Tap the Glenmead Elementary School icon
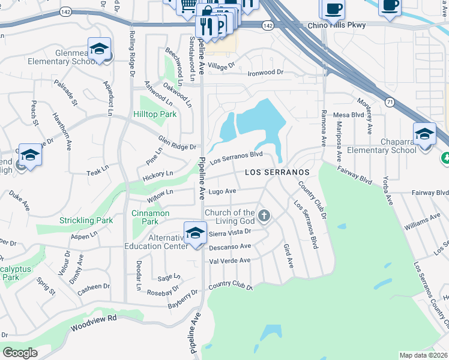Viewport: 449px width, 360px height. coord(99,49)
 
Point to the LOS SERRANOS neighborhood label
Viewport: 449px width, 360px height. coord(277,173)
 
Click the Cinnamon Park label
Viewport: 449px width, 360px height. coord(150,217)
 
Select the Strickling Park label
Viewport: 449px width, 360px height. coord(86,221)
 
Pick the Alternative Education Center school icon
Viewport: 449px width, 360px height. coord(195,233)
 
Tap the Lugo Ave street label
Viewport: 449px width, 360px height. coord(223,191)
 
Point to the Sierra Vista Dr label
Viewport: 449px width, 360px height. coord(229,231)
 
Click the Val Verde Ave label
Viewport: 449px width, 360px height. coord(229,261)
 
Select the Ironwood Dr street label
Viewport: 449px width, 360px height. coord(265,73)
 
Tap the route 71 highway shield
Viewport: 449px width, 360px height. coord(390,103)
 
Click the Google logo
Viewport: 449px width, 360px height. coord(20,353)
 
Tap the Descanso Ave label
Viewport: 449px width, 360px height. coord(229,247)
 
